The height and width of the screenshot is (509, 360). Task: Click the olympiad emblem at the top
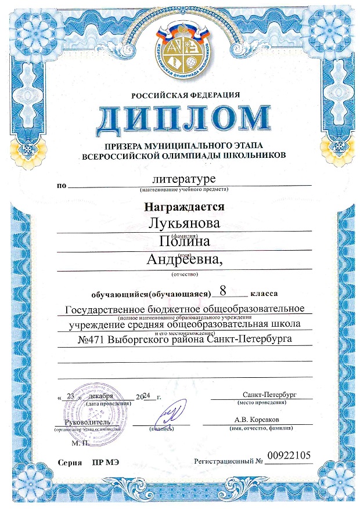180,52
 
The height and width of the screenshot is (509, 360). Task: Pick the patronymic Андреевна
185,261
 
